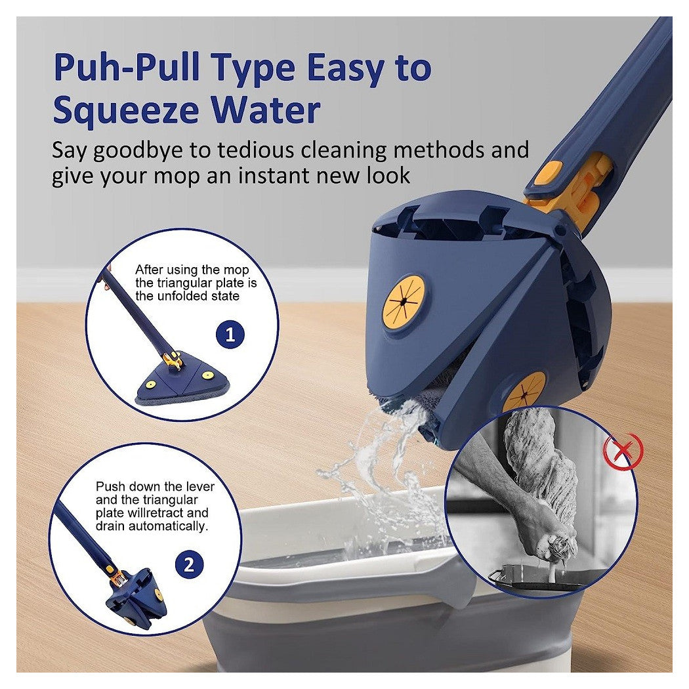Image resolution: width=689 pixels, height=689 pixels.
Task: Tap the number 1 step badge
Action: point(230,335)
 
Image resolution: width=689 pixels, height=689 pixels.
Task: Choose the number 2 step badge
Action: point(189,564)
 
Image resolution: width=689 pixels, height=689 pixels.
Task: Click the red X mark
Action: point(623,450)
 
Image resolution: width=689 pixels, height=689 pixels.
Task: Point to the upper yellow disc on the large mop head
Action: point(404,302)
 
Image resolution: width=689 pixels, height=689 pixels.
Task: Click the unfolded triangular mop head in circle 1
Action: point(182,378)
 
